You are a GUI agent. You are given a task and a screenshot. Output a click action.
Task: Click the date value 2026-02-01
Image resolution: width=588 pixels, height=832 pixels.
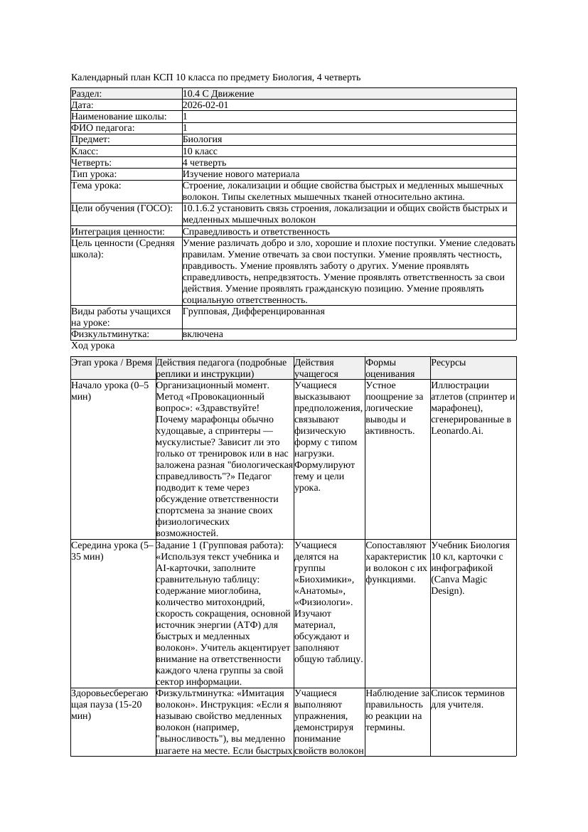[205, 105]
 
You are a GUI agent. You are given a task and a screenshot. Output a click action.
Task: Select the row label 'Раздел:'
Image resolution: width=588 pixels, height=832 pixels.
[87, 94]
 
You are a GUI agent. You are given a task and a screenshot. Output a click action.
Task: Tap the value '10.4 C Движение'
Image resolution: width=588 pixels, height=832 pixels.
[218, 94]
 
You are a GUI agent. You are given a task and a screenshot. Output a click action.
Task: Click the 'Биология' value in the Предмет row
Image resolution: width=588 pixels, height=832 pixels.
[203, 139]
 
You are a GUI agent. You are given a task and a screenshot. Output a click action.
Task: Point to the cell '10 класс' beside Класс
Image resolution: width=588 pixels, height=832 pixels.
[201, 151]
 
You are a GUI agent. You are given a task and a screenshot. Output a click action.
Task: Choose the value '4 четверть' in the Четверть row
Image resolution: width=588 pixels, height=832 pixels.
[205, 162]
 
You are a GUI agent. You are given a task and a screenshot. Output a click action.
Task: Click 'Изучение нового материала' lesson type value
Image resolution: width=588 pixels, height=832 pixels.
[241, 174]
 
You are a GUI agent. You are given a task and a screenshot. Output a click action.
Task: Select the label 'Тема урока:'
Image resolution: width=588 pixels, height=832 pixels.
[96, 185]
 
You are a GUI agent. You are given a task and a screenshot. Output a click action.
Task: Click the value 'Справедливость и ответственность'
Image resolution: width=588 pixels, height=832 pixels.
[256, 231]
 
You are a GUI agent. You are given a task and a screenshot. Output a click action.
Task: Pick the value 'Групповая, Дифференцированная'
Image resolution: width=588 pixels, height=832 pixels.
[254, 311]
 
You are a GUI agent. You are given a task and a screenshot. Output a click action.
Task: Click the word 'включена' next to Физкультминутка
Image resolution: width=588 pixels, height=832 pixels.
[203, 334]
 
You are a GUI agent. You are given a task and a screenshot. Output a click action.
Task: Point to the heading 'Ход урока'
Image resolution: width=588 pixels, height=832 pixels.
[92, 346]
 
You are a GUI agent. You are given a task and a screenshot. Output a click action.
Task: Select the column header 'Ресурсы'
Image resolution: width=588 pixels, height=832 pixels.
[449, 362]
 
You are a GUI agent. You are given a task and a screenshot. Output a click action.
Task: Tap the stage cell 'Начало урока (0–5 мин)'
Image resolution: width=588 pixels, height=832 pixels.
[110, 390]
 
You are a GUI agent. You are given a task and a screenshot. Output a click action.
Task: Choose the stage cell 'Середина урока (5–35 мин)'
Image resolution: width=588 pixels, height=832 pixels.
[112, 550]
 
